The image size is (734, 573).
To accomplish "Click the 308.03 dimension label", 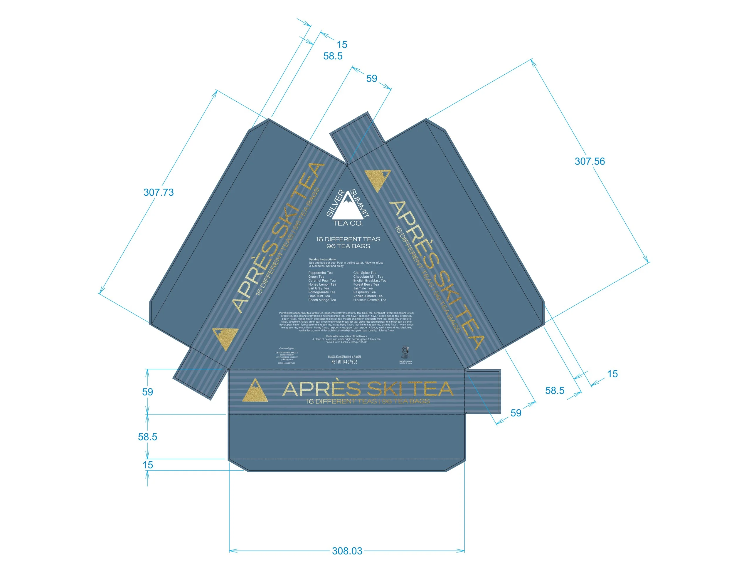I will [x=347, y=551].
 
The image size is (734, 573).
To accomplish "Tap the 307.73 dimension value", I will [x=158, y=192].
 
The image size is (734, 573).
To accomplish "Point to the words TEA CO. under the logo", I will [x=348, y=223].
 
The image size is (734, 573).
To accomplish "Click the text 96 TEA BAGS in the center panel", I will [x=348, y=246].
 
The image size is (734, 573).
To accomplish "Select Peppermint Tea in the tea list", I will [x=320, y=273].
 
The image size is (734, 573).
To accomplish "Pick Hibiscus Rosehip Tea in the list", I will [x=369, y=300].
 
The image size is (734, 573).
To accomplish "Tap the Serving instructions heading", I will [x=322, y=259].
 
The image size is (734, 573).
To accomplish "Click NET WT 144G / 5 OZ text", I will [x=344, y=362].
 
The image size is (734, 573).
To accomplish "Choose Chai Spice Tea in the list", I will [x=365, y=273].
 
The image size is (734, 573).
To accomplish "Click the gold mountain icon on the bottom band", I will [x=255, y=391].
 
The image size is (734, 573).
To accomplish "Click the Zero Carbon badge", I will [x=405, y=352].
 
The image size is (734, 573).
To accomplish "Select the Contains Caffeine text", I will [x=286, y=349].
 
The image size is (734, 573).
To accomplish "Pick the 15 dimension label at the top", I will [x=342, y=45].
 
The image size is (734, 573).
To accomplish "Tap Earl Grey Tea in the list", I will [x=319, y=288].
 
